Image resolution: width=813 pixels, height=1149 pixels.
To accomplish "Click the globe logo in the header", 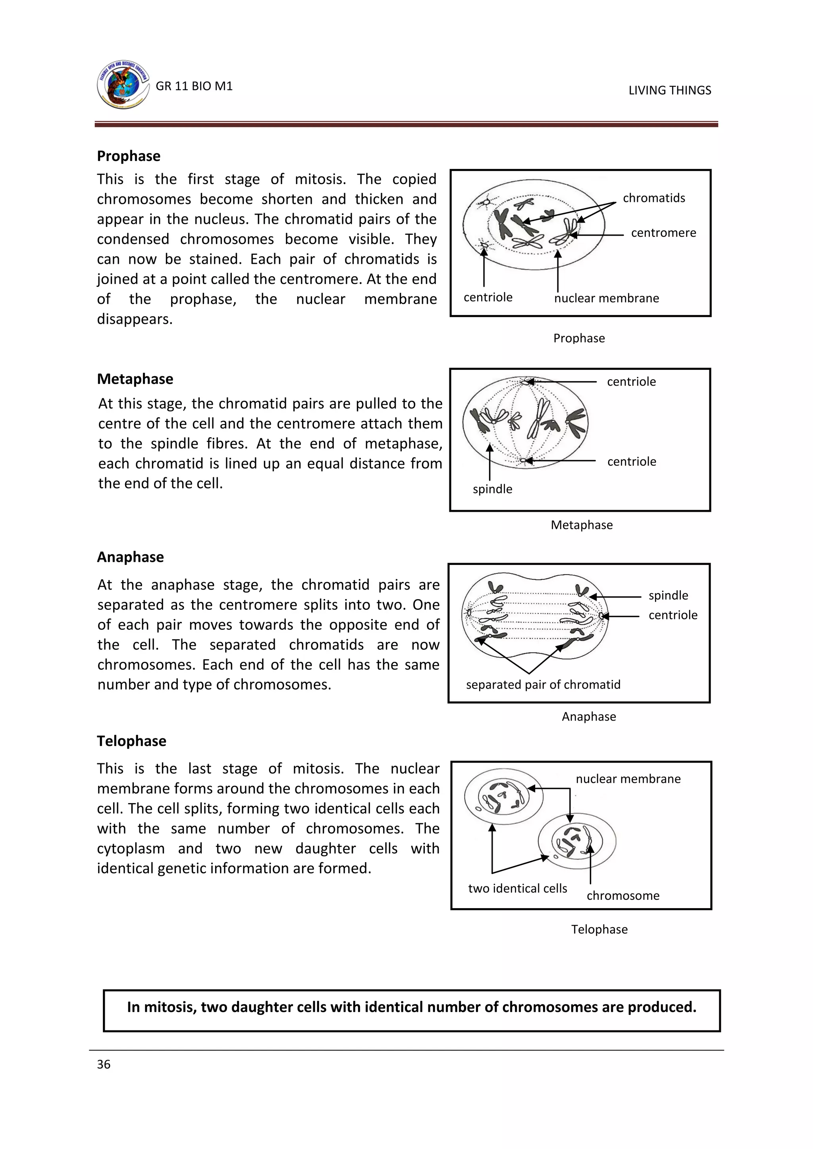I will (x=123, y=85).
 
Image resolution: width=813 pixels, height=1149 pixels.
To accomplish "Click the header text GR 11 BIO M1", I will (x=194, y=86).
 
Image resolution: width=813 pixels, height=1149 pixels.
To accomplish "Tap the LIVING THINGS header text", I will (x=669, y=90).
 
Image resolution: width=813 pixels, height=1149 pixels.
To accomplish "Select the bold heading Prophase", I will (x=129, y=156).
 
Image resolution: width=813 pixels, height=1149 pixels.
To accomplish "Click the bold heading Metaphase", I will (x=135, y=379).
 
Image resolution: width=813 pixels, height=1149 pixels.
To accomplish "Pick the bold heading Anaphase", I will (x=130, y=557).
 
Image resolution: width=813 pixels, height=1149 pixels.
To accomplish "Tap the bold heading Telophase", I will (x=132, y=741).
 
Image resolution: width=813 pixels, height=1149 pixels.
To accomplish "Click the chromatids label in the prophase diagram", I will (x=654, y=198).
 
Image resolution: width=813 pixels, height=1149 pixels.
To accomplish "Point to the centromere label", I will (x=663, y=233).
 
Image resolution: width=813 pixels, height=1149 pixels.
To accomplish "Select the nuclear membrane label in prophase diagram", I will (x=606, y=298).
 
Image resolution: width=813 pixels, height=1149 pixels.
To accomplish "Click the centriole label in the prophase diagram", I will (x=487, y=297).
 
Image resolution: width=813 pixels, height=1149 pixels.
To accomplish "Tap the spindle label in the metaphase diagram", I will (x=492, y=489).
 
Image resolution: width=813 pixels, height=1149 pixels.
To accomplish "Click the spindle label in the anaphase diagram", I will (x=668, y=596).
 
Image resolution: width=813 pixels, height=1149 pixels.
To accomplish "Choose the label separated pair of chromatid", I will (x=543, y=684).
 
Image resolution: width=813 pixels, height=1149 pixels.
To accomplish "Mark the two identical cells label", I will (x=517, y=888).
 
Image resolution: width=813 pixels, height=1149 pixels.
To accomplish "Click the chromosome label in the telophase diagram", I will (x=623, y=895).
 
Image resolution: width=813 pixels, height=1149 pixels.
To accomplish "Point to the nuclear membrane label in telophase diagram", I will (x=628, y=779).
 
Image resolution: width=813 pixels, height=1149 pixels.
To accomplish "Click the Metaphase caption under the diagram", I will (x=581, y=525).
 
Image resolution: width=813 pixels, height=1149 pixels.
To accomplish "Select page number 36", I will (x=104, y=1064).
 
